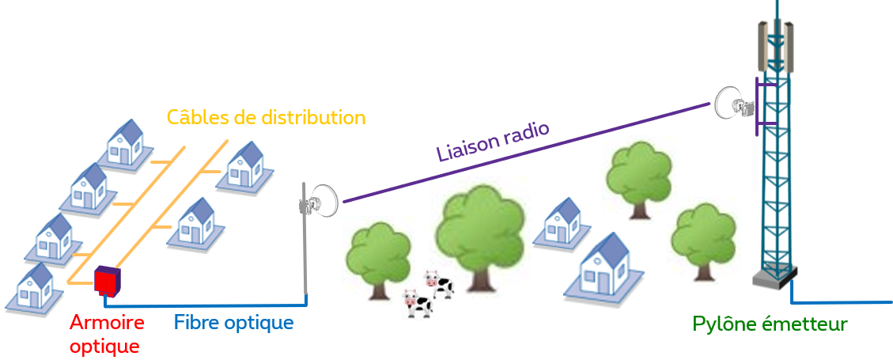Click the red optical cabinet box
coord(105,280)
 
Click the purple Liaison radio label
coord(493,141)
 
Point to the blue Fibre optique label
coord(233,323)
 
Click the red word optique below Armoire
coord(104,346)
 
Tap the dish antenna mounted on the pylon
coord(731,103)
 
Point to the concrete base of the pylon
coord(774,276)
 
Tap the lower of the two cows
coord(417,303)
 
